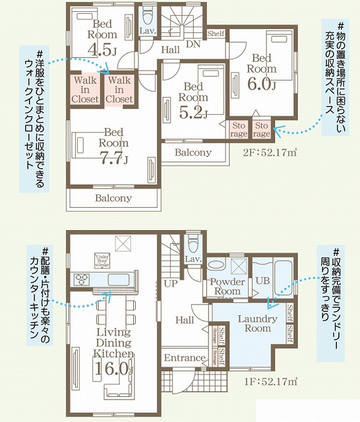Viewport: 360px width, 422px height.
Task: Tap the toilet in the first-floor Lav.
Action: (193, 242)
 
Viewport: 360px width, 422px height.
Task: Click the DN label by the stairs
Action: (193, 45)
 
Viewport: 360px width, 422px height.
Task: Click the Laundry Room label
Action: (253, 324)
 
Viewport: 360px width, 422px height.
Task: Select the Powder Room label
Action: (226, 287)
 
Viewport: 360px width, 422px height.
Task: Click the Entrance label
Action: (185, 358)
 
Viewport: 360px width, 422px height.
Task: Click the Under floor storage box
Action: (102, 258)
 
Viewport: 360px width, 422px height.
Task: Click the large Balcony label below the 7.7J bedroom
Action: (113, 198)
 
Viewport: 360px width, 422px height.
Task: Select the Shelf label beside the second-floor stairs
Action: (215, 33)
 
